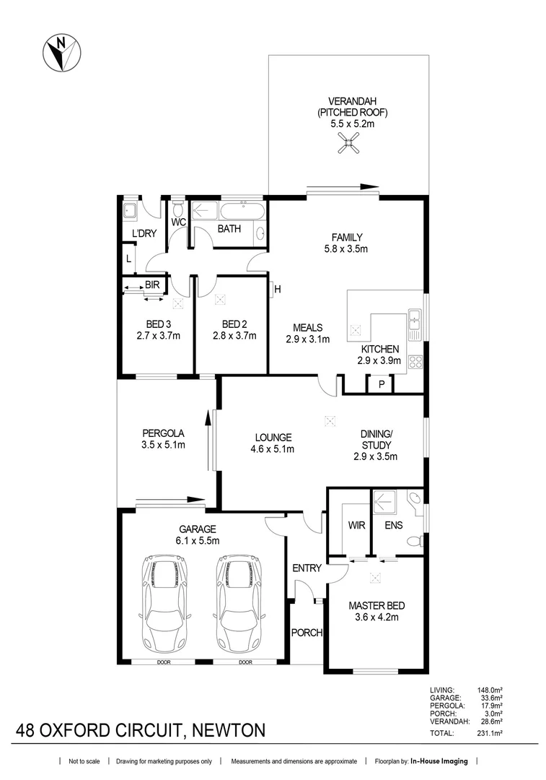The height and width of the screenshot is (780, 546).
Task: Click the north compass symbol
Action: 62,53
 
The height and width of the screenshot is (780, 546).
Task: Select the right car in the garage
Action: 237,594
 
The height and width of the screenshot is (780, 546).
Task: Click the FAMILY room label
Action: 346,238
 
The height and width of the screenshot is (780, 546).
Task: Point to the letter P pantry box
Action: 381,385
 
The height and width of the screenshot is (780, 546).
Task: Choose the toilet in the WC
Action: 178,210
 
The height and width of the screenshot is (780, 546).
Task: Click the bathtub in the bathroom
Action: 243,213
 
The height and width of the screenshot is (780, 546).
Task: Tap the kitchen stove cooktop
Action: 415,362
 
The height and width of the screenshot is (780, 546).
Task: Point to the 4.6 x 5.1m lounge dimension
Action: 273,448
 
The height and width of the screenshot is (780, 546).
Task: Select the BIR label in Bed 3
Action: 151,285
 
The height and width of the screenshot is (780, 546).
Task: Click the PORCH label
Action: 306,633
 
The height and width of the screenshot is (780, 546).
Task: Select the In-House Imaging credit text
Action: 439,761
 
